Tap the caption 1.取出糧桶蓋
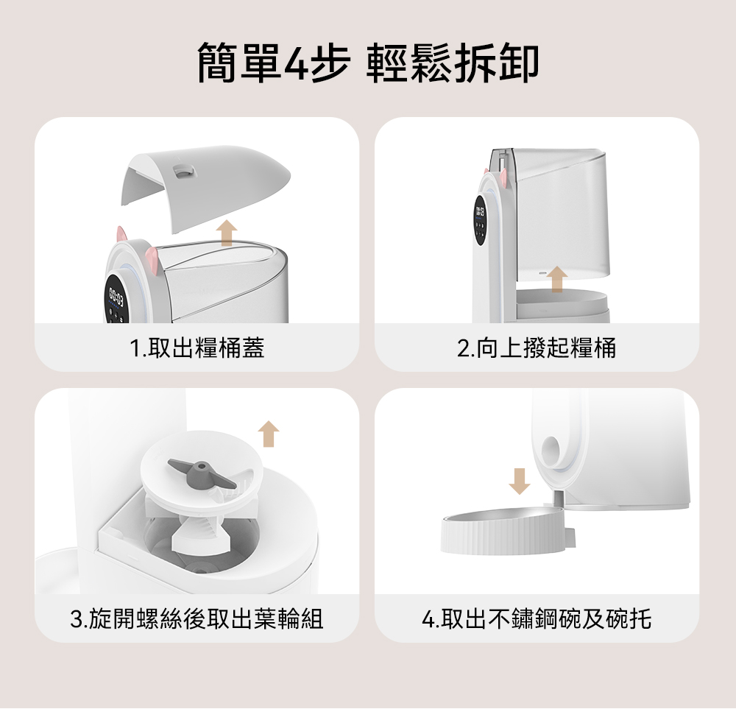tap(197, 348)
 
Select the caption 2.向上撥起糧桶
tap(537, 348)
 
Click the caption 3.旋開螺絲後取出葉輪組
tap(197, 618)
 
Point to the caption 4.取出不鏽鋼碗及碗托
tap(537, 618)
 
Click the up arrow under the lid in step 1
tap(227, 233)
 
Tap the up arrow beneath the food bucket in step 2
tap(557, 279)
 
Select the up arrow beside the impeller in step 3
tap(269, 434)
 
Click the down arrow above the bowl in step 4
tap(519, 482)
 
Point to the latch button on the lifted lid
tap(183, 171)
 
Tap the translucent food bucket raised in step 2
tap(559, 215)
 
